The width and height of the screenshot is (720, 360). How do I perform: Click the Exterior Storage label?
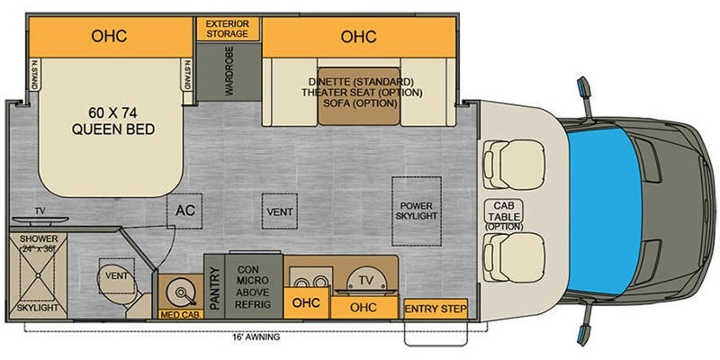(x=228, y=29)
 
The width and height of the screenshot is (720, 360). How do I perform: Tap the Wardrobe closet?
(x=229, y=71)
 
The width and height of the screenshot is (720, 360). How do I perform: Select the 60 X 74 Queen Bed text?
(x=113, y=121)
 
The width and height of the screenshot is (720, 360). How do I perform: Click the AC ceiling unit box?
(x=185, y=211)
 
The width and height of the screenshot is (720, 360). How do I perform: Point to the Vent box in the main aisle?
(x=280, y=211)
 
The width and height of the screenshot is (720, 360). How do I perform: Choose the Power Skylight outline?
(x=416, y=211)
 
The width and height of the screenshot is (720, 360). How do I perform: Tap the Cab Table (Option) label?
(x=503, y=215)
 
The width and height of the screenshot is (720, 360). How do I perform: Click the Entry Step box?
(x=436, y=309)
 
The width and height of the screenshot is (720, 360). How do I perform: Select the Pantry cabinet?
(x=214, y=286)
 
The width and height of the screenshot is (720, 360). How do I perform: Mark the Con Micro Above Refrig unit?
(x=254, y=286)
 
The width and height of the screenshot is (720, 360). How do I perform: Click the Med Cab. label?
(x=181, y=315)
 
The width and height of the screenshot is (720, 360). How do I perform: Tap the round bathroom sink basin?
(x=180, y=291)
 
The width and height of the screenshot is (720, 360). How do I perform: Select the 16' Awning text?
(x=256, y=337)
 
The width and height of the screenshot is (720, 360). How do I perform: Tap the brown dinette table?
(x=359, y=96)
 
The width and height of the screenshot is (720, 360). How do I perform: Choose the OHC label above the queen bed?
(x=109, y=36)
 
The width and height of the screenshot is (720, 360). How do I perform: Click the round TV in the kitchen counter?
(x=366, y=281)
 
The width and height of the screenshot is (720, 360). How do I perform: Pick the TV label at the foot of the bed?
(x=40, y=211)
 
